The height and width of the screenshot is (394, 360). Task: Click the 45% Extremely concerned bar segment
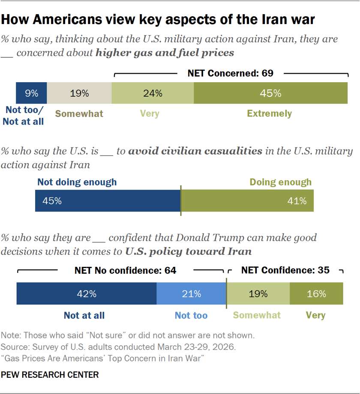point(270,93)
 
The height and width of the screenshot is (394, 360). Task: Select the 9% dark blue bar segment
point(31,93)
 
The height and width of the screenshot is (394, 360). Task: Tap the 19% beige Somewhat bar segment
point(79,93)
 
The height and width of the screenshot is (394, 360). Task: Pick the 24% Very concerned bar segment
point(153,93)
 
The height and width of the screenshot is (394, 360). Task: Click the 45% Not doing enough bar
point(108,201)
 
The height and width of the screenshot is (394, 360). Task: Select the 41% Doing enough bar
point(247,201)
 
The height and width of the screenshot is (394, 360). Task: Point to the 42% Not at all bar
point(86,294)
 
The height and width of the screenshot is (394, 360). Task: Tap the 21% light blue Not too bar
point(191,294)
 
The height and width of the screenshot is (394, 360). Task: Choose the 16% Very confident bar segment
point(317,294)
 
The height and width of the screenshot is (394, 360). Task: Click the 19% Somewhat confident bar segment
point(258,294)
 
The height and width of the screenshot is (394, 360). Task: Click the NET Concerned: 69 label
point(230,73)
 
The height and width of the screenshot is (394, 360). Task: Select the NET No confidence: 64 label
point(125,271)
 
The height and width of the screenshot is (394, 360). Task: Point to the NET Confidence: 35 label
point(285,271)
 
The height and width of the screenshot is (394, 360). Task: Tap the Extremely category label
point(269,113)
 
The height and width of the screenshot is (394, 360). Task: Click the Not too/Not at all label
point(24,116)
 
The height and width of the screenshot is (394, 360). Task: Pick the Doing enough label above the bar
point(280,182)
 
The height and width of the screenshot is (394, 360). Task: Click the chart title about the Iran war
point(158,20)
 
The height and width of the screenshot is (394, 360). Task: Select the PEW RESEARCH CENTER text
point(50,375)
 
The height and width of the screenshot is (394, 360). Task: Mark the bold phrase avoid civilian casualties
point(195,151)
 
